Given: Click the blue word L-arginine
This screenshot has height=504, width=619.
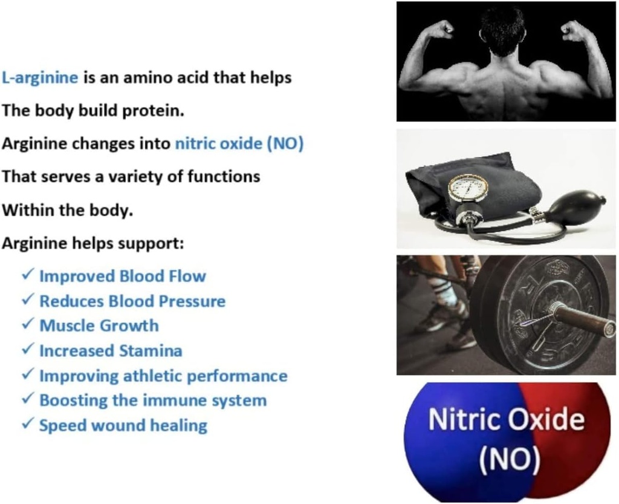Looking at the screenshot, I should [40, 78].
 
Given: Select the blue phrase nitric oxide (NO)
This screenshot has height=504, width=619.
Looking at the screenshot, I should [239, 144].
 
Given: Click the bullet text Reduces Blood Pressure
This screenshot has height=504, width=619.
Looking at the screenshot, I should [132, 301].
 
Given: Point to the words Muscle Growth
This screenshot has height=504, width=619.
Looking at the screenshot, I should [99, 326].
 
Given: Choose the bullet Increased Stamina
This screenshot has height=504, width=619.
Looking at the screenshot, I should [110, 351].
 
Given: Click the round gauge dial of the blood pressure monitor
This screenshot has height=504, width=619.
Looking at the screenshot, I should [467, 188].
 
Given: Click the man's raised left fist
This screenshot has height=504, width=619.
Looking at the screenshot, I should [444, 29].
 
